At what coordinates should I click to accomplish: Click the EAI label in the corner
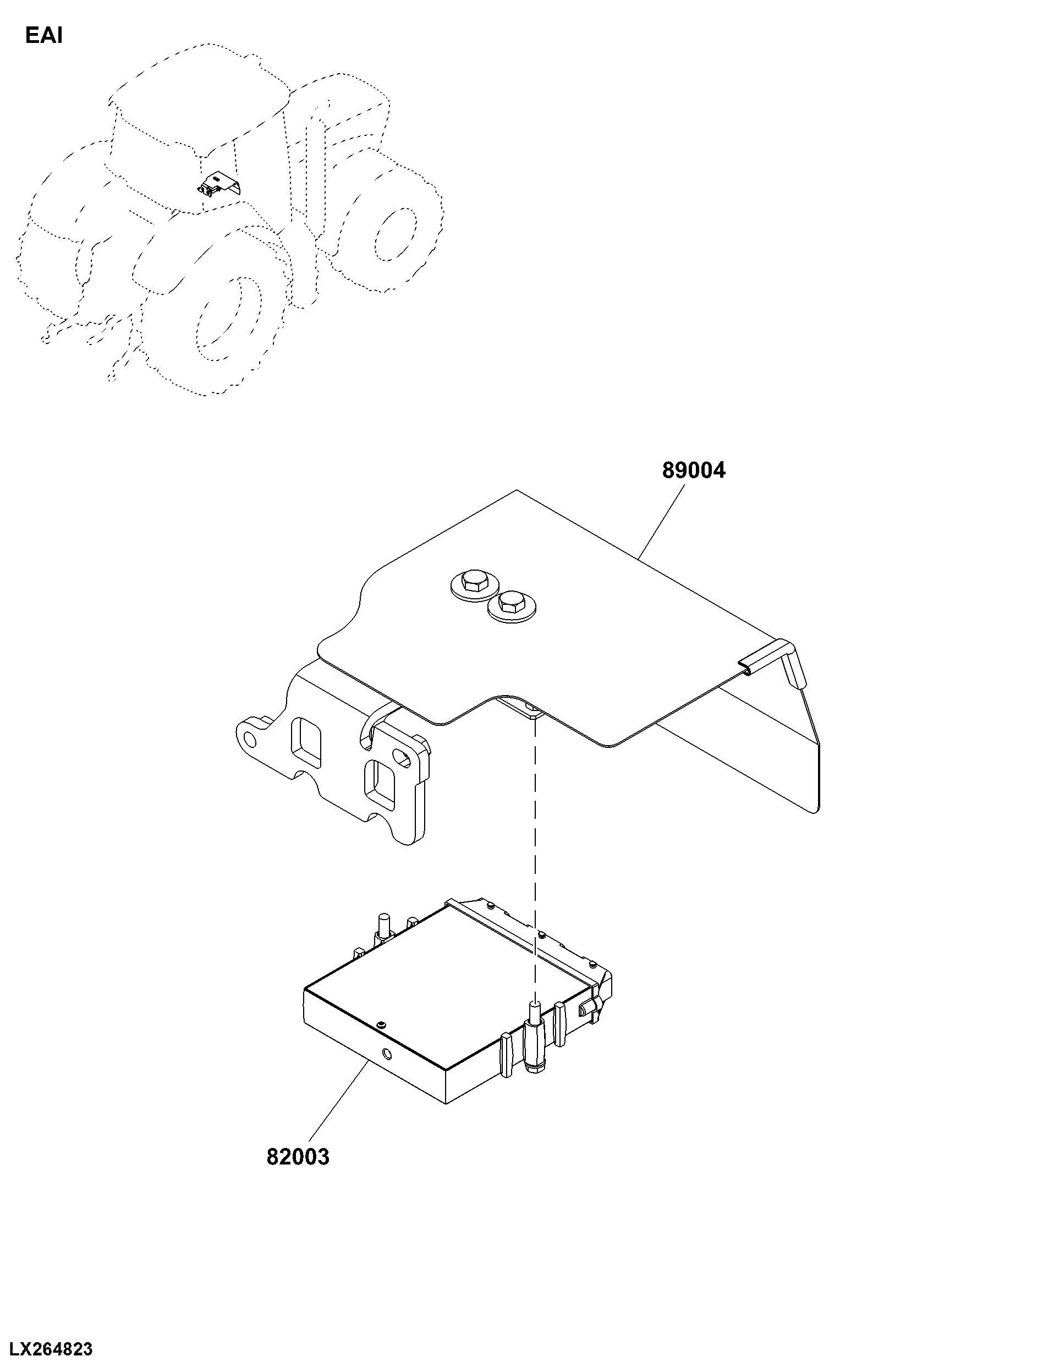[44, 36]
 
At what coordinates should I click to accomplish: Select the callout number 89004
[694, 471]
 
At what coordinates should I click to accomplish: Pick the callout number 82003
[298, 1157]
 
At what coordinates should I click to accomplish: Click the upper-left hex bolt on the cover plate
[474, 583]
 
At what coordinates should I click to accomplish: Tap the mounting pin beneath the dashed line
[535, 1042]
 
